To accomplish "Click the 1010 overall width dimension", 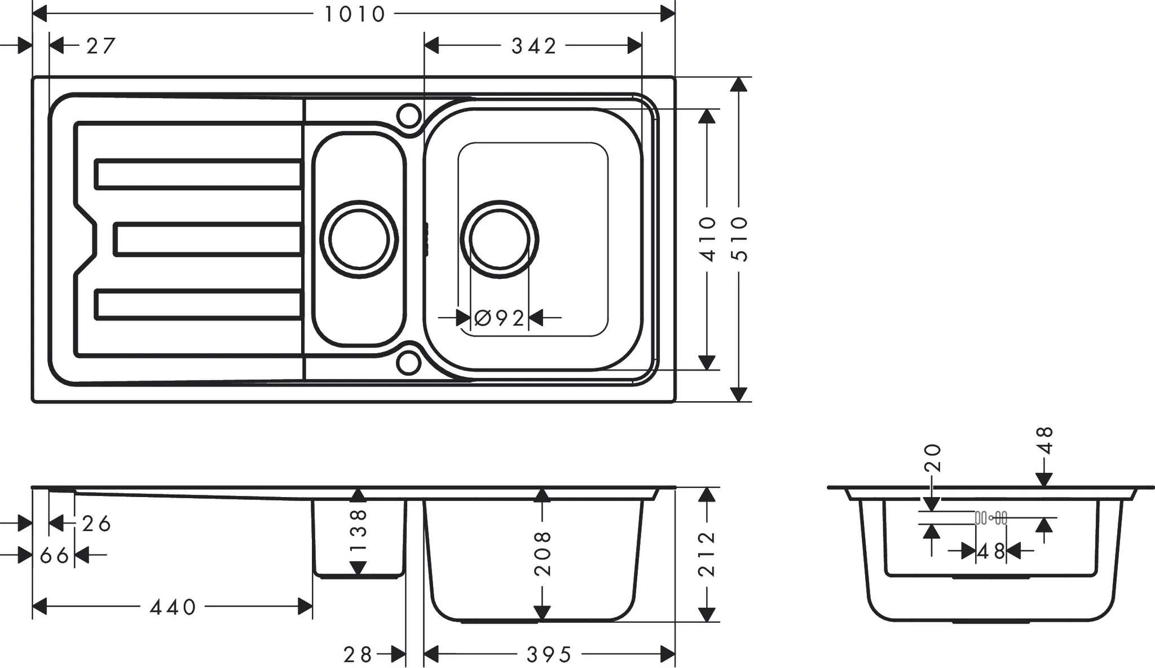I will tap(354, 14).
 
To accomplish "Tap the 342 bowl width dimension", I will tap(534, 46).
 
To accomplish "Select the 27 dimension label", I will tap(101, 46).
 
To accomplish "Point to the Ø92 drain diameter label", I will tap(500, 318).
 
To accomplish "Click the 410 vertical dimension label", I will tap(707, 239).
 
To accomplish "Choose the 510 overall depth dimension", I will tap(739, 239).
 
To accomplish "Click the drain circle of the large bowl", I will tap(500, 239).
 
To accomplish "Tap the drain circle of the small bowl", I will tap(359, 239).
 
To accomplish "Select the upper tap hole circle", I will tap(409, 116).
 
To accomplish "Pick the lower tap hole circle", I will tap(409, 363).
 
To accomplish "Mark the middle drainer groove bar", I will tap(208, 239).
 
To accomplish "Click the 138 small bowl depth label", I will tap(359, 530).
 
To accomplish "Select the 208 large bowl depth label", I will tap(543, 553).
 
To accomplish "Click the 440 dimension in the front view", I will tap(173, 607).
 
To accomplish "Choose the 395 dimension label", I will tap(549, 655).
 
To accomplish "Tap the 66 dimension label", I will tap(55, 556).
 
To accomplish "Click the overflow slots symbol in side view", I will tap(991, 517).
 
